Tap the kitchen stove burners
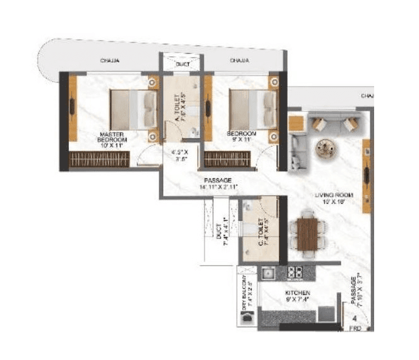coord(295,273)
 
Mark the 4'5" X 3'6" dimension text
coord(180,156)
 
